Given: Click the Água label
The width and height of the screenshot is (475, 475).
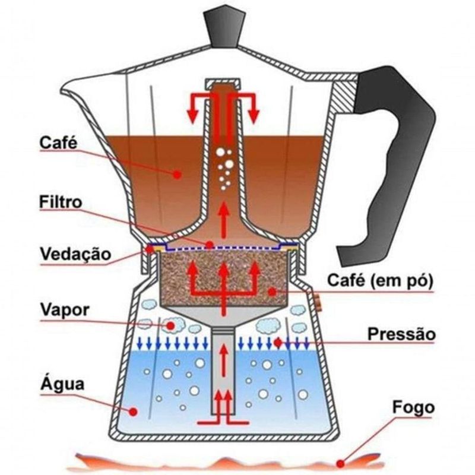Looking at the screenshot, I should tap(62, 383).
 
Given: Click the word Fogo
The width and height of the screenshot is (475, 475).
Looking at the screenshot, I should tap(413, 408).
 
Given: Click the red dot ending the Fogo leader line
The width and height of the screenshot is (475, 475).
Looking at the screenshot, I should tap(340, 462).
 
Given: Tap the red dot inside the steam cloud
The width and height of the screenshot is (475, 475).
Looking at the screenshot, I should tap(172, 325).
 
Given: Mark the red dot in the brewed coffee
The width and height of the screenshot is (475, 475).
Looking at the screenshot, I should tap(177, 173).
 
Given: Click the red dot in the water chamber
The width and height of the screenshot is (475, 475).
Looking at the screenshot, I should tap(133, 410).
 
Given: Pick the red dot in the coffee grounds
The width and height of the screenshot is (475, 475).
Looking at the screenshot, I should tap(271, 292).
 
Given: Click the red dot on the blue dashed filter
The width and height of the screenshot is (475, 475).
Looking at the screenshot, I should tap(209, 244).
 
